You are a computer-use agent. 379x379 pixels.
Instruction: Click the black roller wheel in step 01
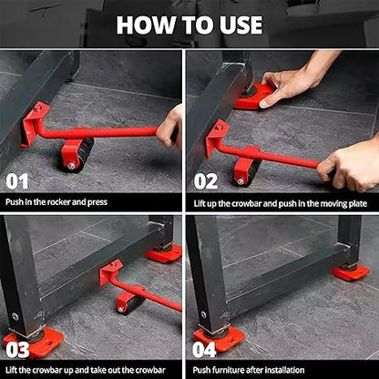pos(77,153)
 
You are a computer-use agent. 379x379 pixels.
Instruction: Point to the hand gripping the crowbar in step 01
pos(169,127)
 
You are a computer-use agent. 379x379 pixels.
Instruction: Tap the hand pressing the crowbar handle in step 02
pos(350,164)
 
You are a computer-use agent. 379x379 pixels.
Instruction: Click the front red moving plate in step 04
pos(219,338)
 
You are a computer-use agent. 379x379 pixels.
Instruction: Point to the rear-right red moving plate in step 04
pos(350,271)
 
